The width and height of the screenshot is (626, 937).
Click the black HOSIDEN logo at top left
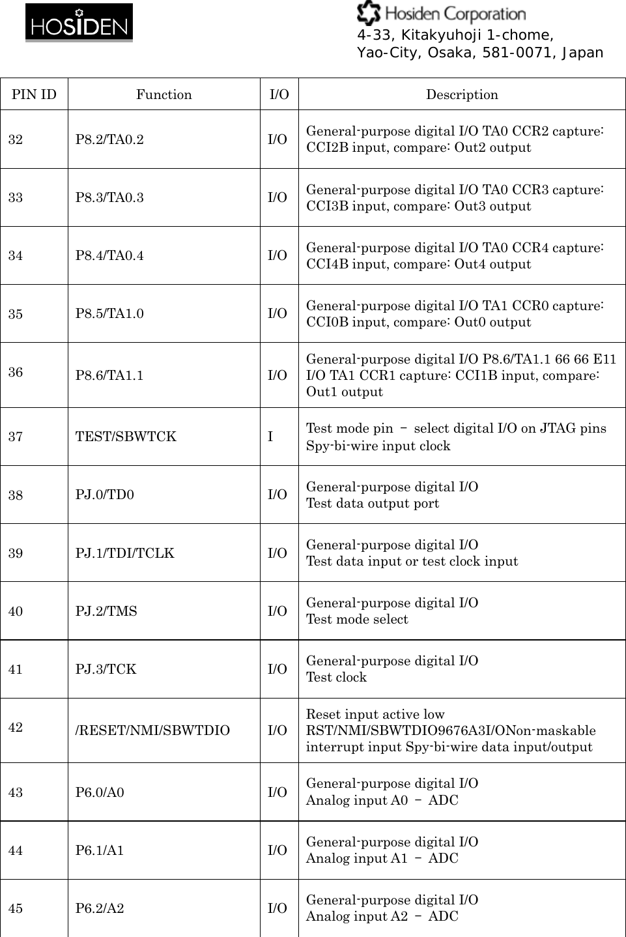(79, 23)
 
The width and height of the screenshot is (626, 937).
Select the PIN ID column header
(34, 94)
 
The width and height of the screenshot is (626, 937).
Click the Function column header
(164, 94)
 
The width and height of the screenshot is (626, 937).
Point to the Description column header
(462, 94)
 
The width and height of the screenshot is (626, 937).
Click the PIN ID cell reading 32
(16, 139)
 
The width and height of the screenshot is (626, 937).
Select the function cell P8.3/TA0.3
(109, 197)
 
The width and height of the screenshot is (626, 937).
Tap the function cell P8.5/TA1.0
(109, 313)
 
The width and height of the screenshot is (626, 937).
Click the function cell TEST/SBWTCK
(126, 437)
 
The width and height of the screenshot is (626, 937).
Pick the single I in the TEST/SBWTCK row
(270, 437)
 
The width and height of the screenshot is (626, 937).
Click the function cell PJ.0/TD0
(105, 495)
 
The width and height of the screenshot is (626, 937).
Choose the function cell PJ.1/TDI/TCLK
(124, 553)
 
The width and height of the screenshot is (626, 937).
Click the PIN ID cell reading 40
(16, 611)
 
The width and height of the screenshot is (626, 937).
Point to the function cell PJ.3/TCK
(106, 669)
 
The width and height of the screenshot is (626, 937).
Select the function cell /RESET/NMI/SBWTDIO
(152, 730)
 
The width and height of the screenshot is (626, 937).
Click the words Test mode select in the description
(357, 619)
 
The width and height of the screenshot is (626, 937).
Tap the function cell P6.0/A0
(100, 792)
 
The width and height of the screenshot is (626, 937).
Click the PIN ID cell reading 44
(16, 850)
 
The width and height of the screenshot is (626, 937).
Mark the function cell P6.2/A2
(100, 908)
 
